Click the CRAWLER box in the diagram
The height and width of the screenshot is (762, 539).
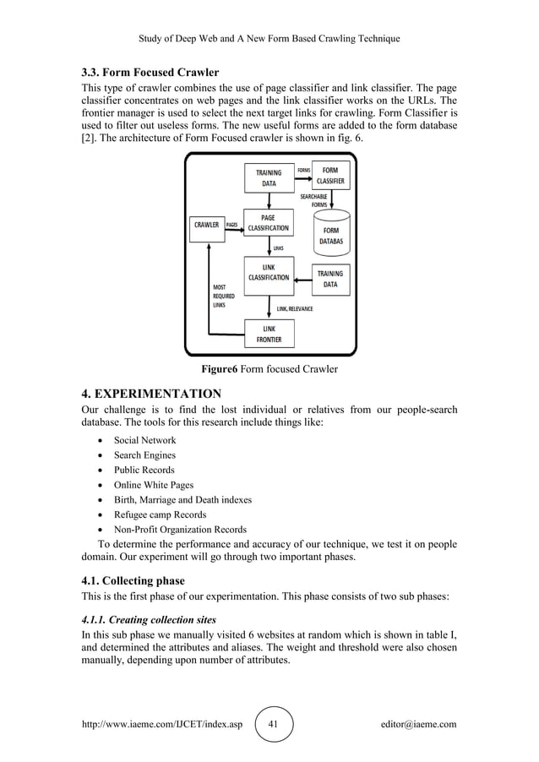point(207,226)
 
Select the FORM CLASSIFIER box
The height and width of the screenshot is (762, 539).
point(330,176)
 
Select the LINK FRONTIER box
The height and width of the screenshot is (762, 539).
point(268,334)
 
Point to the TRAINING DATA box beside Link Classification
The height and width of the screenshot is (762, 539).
point(330,279)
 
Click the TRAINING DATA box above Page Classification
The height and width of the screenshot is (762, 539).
point(269,177)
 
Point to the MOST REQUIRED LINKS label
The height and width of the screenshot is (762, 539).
point(224,297)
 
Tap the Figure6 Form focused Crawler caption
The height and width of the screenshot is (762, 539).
point(269,370)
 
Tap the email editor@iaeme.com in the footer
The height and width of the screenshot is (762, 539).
point(419,724)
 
